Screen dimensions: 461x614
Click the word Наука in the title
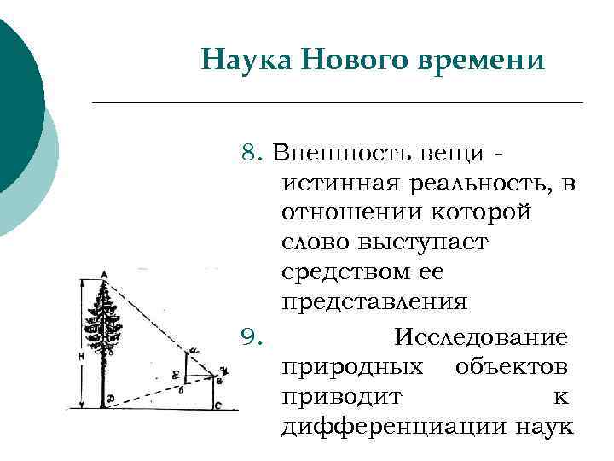point(240,61)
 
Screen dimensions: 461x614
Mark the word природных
point(351,367)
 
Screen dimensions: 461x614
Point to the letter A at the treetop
point(104,274)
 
